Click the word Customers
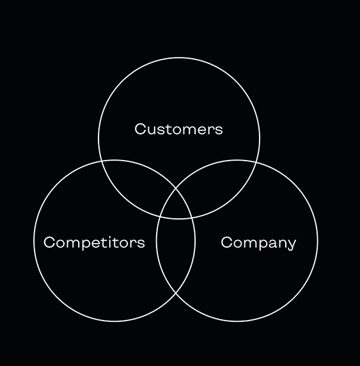178,129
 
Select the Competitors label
94,243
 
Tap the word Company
258,243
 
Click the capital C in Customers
140,129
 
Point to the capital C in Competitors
49,243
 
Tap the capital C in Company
226,243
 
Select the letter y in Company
292,245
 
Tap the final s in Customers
219,131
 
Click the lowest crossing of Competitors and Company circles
175,292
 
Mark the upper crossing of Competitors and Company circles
176,188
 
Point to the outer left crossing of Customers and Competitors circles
102,161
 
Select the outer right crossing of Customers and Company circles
256,161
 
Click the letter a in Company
269,244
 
